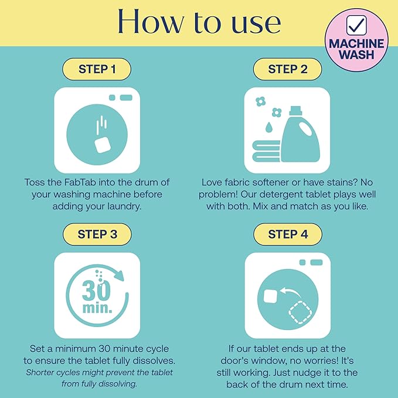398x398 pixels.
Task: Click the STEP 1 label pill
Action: [97, 69]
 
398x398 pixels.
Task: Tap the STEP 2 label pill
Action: [288, 69]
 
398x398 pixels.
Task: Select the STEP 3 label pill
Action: [97, 234]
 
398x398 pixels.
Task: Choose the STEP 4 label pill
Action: [288, 234]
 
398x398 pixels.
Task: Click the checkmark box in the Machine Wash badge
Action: [356, 25]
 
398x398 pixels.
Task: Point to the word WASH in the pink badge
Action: [356, 55]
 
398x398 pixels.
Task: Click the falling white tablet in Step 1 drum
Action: [103, 145]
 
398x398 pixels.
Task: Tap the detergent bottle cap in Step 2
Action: [295, 110]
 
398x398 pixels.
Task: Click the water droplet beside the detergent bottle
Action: [268, 127]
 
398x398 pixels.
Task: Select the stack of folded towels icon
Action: [267, 152]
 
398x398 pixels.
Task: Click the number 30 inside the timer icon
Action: [96, 291]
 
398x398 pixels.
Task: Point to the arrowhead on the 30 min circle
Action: [118, 275]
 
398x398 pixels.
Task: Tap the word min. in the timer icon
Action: [97, 308]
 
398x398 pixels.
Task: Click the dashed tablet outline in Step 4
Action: [300, 312]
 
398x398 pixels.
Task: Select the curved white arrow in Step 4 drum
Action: [291, 292]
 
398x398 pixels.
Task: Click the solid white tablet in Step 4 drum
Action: [271, 296]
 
